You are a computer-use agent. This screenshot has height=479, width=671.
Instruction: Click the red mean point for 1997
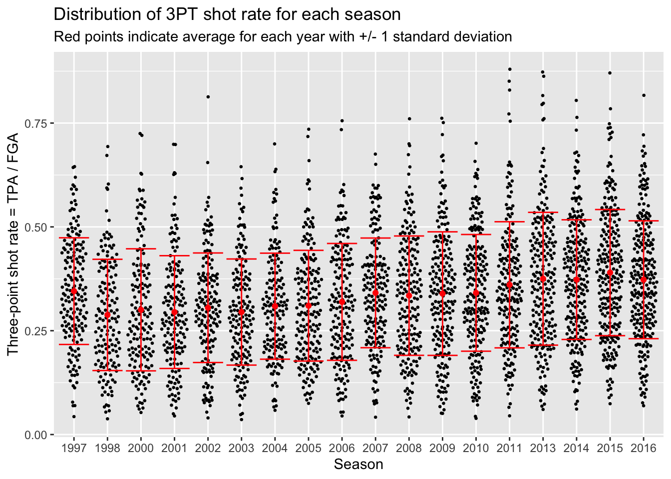tap(74, 291)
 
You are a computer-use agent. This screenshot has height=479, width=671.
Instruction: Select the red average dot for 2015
tap(610, 272)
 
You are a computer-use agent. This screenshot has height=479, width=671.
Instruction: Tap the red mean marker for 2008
tap(409, 295)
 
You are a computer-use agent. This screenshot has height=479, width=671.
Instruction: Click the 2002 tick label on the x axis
tap(208, 448)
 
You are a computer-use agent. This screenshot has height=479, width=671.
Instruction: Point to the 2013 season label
tap(543, 448)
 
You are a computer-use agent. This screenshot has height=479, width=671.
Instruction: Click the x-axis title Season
tap(358, 465)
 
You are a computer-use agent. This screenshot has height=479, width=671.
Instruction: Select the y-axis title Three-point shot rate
tap(13, 244)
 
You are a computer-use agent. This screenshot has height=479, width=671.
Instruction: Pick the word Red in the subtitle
tap(65, 37)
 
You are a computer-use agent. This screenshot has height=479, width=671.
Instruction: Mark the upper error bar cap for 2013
tap(543, 213)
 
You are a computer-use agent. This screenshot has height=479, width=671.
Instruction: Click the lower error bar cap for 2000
tap(141, 371)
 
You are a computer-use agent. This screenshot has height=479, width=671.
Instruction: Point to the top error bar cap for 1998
tap(107, 259)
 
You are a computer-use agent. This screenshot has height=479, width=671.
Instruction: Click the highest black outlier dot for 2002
tap(208, 97)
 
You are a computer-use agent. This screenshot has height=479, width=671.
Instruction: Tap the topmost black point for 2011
tap(510, 69)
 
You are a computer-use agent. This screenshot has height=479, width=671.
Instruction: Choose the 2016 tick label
tap(643, 448)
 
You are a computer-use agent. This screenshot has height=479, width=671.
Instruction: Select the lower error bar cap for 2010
tap(476, 351)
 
